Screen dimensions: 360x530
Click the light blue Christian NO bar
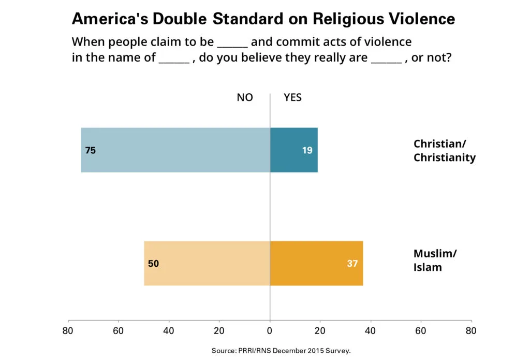[176, 150]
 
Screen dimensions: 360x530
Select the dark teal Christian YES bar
[293, 150]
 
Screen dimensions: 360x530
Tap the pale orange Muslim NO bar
[207, 263]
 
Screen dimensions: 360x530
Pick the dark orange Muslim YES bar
[316, 263]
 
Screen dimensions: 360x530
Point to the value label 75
[90, 150]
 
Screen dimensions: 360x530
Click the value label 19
[307, 150]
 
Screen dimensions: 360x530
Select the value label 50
[153, 264]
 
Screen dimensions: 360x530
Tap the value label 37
[352, 264]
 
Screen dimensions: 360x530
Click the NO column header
[245, 97]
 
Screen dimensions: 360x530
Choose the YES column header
[292, 97]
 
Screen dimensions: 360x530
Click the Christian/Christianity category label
[444, 151]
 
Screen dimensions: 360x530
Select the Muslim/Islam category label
[435, 261]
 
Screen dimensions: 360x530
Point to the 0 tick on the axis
[270, 330]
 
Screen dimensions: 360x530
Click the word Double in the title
[179, 19]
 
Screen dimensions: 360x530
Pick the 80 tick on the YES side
[471, 330]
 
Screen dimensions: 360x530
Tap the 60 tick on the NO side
[118, 330]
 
